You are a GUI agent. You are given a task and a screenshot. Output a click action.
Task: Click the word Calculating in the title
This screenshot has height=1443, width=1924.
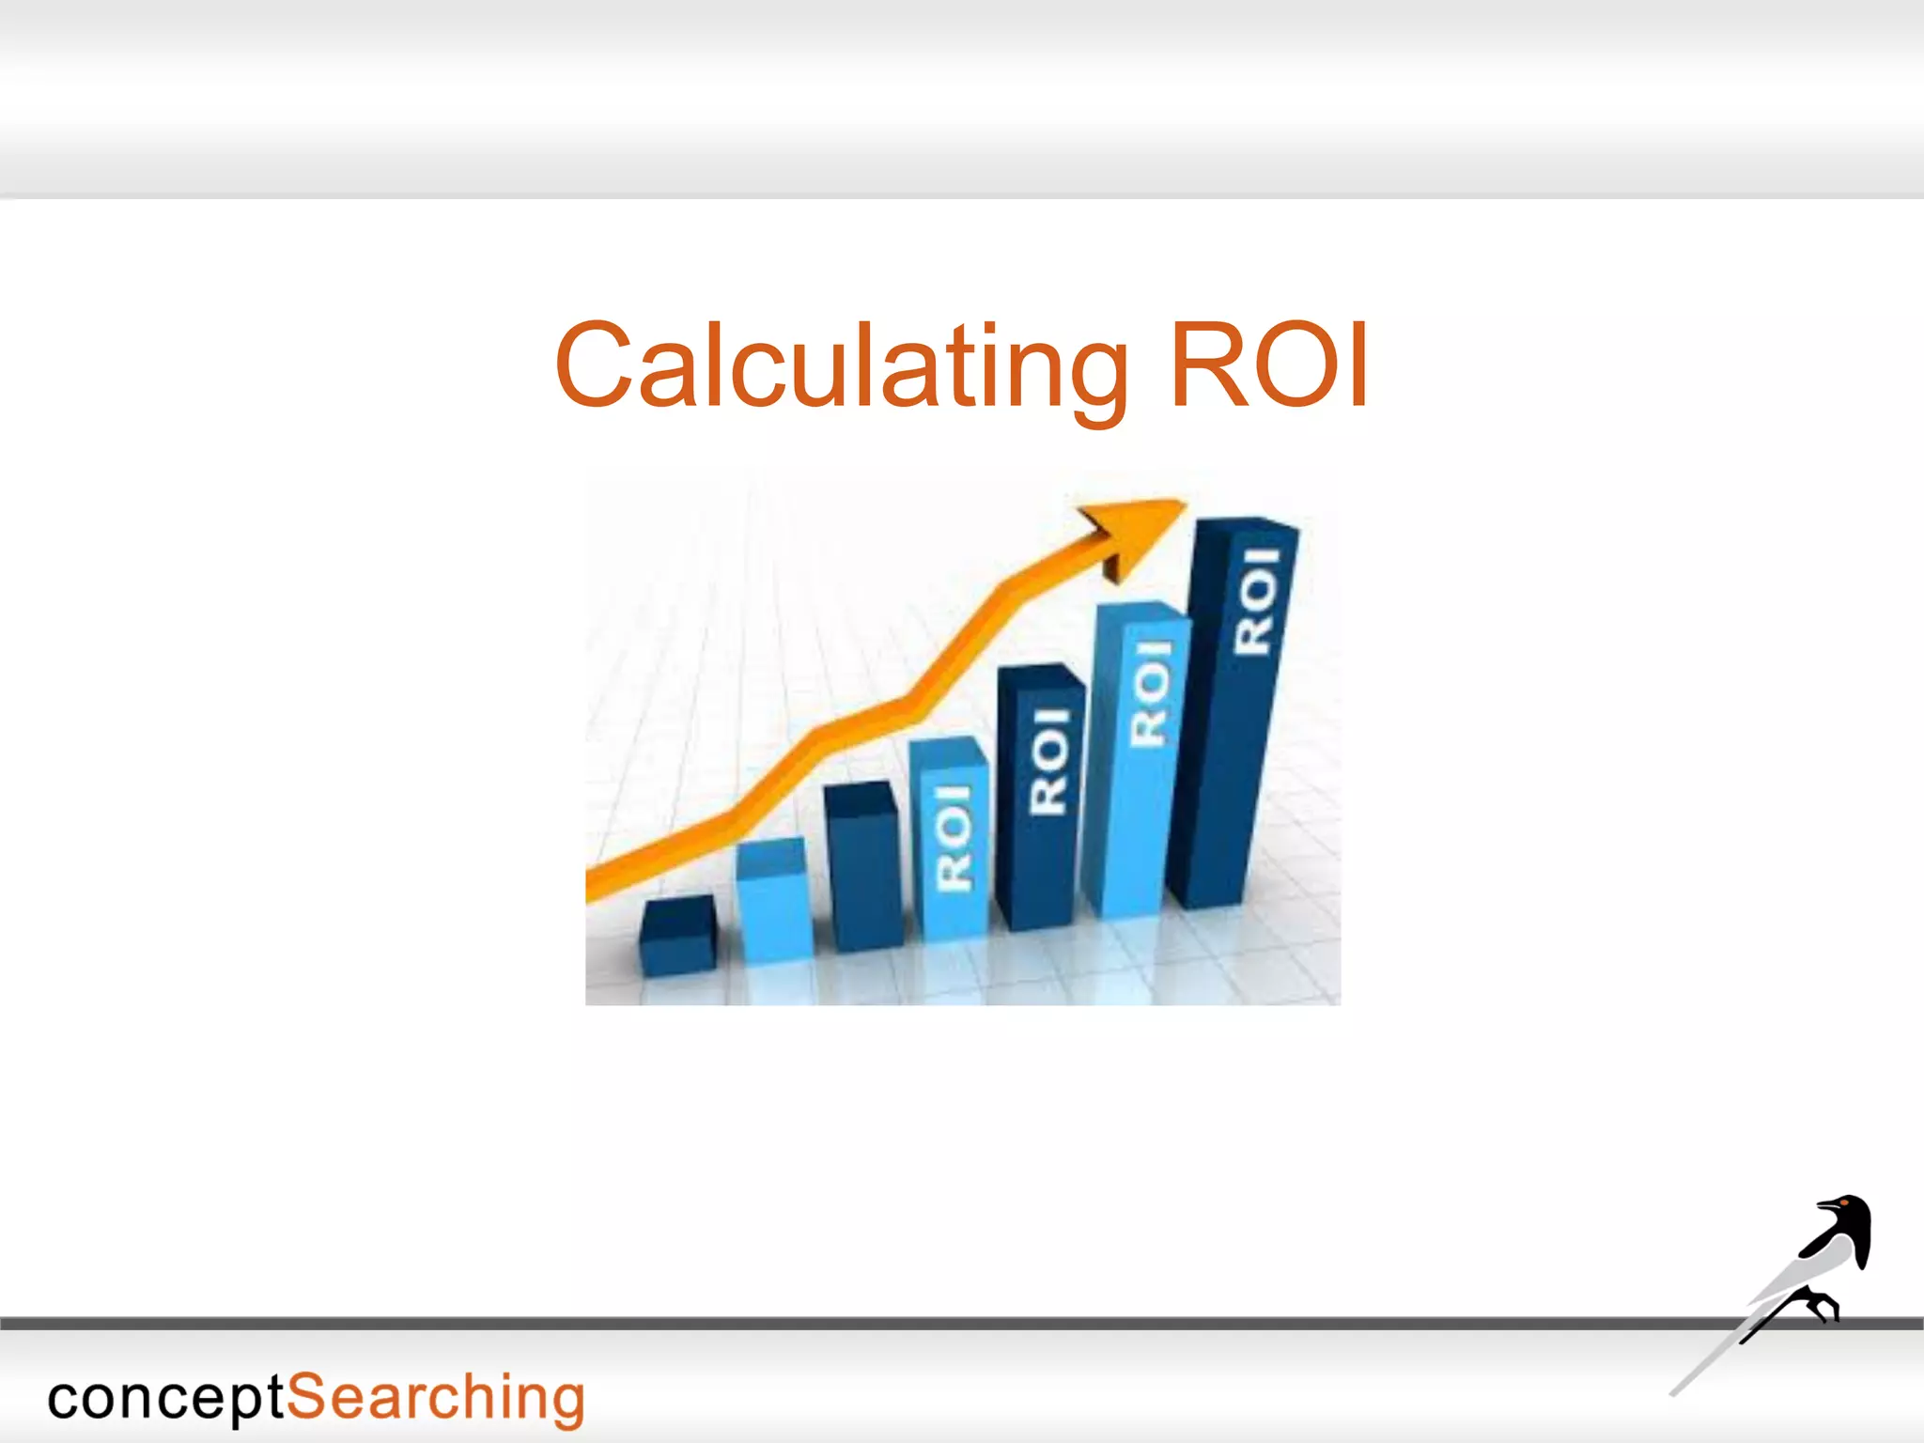[x=841, y=366]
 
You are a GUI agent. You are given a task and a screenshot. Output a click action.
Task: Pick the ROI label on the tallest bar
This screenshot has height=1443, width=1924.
[x=1256, y=601]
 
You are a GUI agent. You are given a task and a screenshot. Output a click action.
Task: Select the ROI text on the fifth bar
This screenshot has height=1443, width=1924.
[x=1049, y=761]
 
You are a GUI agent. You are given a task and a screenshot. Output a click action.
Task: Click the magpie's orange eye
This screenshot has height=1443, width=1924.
[x=1845, y=1203]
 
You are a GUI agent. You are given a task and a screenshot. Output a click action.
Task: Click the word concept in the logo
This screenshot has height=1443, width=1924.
[x=165, y=1399]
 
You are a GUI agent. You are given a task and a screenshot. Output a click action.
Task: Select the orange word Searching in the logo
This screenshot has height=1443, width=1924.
[x=435, y=1399]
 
